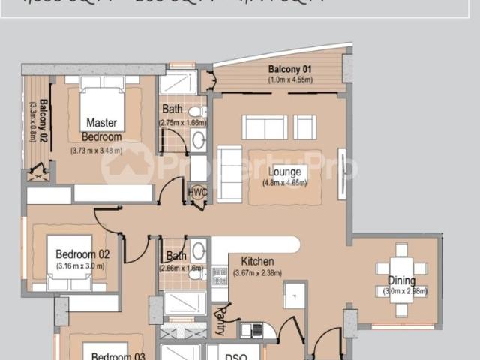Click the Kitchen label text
click(257, 261)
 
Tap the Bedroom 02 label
click(82, 254)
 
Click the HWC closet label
click(199, 192)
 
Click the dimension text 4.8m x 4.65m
click(285, 183)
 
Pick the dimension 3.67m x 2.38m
click(257, 273)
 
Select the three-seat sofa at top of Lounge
click(265, 127)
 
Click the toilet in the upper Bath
click(197, 112)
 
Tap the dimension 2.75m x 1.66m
click(182, 122)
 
